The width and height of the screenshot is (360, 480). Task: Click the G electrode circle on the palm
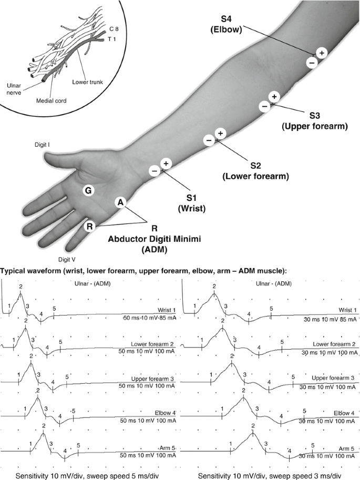pos(89,191)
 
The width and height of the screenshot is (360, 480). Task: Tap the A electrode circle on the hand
pos(120,202)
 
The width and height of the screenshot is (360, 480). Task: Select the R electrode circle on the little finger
pos(90,226)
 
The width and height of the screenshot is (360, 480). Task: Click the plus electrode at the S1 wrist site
pos(166,164)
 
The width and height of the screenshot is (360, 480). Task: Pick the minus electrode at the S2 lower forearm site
pos(209,140)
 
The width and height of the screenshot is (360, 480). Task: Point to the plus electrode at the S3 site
pos(273,97)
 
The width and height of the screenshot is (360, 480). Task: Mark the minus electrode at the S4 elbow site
pos(311,63)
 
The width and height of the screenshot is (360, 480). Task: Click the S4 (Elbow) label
pos(225,25)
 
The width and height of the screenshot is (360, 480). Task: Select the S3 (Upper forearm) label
pos(314,120)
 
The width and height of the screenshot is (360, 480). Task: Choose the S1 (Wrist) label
pos(191,202)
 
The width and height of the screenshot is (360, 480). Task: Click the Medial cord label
pos(50,100)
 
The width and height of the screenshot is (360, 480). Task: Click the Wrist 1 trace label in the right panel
pos(347,310)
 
